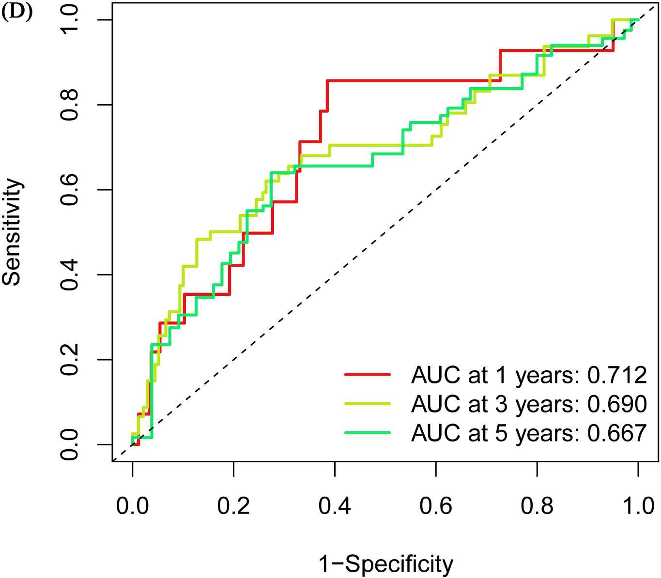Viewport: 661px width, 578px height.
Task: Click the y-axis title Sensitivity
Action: [x=13, y=232]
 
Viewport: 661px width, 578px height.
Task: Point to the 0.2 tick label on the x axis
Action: [x=233, y=506]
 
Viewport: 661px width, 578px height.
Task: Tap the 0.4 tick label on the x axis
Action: [x=335, y=506]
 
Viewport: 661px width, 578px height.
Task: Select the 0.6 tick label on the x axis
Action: [x=436, y=506]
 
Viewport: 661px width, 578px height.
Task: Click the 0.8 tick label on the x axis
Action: [x=537, y=506]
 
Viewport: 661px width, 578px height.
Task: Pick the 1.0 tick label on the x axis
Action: [x=638, y=506]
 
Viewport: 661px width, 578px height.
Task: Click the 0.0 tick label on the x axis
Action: [x=132, y=506]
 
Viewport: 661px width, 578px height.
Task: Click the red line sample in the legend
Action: [x=368, y=374]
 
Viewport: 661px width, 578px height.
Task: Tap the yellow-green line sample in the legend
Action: [x=368, y=403]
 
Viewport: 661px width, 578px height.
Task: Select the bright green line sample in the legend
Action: [x=368, y=432]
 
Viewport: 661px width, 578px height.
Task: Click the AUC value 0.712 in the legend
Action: [x=617, y=375]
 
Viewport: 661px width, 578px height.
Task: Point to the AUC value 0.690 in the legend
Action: [x=617, y=404]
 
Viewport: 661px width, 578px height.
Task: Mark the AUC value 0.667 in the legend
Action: [x=617, y=433]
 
